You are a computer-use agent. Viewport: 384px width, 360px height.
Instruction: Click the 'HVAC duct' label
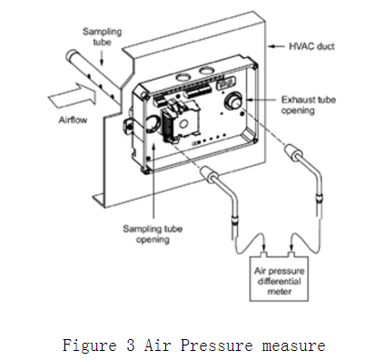click(x=311, y=46)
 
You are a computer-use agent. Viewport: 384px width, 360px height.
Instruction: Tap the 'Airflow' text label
click(x=73, y=120)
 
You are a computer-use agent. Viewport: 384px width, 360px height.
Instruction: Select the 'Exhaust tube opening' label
click(x=309, y=105)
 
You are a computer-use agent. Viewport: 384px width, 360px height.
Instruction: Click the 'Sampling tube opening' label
click(x=153, y=234)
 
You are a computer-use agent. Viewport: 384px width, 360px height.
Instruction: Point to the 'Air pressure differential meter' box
click(x=279, y=278)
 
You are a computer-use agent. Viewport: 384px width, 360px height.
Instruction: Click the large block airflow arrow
click(x=73, y=95)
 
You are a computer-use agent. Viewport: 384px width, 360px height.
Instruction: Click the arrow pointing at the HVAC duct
click(x=276, y=46)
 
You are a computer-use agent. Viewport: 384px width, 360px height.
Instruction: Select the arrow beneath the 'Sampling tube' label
click(x=102, y=57)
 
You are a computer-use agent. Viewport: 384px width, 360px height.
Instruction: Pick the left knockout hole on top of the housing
click(x=182, y=78)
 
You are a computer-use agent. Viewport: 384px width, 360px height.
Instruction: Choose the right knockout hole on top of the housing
click(x=207, y=71)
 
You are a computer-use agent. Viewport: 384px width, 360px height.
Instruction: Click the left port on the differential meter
click(x=265, y=254)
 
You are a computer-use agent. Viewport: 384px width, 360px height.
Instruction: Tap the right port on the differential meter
click(x=291, y=254)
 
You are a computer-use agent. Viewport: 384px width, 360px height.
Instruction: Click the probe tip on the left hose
click(x=208, y=175)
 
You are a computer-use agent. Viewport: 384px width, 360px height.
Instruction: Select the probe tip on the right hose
click(x=291, y=151)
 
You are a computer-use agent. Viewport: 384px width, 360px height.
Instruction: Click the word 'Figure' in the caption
click(x=90, y=345)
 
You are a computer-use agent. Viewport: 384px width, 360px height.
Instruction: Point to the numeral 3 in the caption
click(x=131, y=345)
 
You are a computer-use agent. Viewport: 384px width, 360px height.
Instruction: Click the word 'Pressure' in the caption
click(x=217, y=345)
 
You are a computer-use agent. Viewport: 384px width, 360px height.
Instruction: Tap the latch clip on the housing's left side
click(x=127, y=123)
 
